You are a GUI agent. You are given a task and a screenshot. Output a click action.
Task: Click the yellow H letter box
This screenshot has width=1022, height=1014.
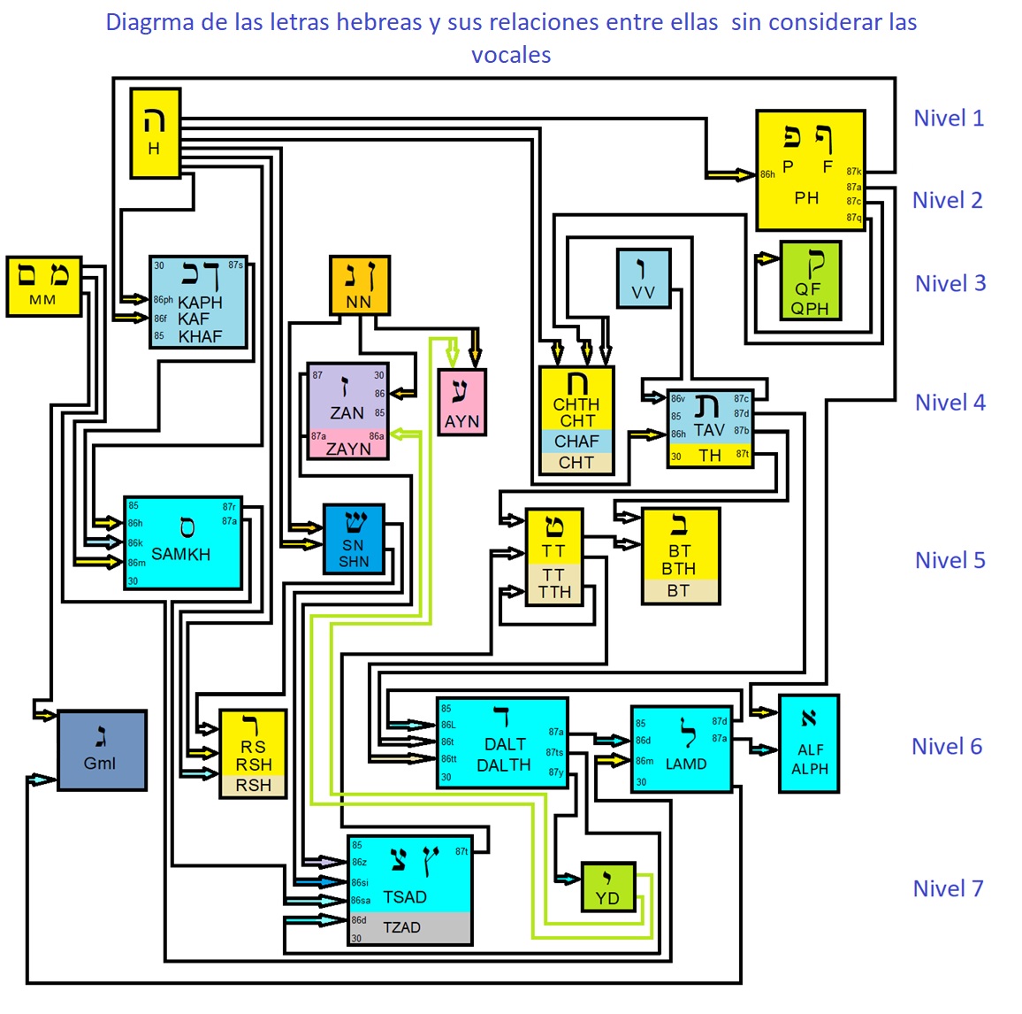click(156, 134)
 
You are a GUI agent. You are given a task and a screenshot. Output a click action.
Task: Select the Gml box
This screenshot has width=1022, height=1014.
click(102, 750)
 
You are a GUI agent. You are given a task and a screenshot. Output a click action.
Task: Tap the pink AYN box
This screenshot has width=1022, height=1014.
click(461, 403)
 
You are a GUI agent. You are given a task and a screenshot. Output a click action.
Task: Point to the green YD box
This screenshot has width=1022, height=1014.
click(607, 887)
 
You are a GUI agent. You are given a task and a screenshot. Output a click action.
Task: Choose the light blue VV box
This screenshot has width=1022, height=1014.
click(644, 279)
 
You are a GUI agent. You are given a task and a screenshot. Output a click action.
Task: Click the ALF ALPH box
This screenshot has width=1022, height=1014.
click(809, 744)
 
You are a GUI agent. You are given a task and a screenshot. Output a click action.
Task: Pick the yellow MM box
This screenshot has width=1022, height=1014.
click(43, 286)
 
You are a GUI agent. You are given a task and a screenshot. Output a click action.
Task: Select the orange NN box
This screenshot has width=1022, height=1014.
click(359, 286)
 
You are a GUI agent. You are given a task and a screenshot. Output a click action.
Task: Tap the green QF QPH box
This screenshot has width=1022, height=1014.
click(810, 280)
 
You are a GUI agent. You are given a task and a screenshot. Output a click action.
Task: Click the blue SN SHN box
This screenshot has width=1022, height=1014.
click(354, 540)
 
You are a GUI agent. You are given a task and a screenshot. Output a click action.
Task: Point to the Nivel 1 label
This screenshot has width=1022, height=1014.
click(949, 119)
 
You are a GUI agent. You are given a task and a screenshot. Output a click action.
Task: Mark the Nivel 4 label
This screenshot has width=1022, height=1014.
click(950, 403)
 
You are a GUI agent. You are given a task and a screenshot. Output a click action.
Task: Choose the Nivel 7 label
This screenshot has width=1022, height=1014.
click(948, 889)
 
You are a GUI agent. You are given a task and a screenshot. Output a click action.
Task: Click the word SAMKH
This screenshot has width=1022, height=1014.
click(181, 555)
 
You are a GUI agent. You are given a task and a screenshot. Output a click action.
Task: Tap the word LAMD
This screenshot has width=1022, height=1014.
click(686, 764)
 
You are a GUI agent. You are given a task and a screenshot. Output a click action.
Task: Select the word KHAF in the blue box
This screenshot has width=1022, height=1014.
click(201, 337)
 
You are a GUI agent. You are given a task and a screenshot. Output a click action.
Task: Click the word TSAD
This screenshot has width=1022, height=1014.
click(405, 897)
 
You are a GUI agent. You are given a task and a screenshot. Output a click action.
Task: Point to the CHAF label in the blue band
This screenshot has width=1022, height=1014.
click(576, 442)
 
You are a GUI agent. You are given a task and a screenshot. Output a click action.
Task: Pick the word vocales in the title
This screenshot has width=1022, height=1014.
click(511, 55)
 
